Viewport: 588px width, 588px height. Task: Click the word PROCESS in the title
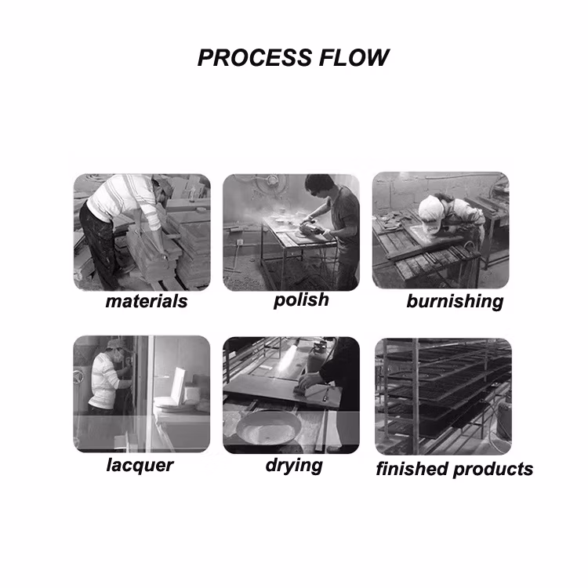tap(255, 58)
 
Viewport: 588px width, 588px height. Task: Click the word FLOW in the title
tap(354, 58)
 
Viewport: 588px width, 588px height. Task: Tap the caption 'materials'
tap(147, 301)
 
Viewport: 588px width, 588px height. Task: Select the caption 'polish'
tap(302, 300)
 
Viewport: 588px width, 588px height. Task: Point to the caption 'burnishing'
tap(455, 302)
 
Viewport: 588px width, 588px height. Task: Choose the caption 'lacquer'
tap(140, 466)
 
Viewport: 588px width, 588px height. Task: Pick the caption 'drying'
tap(294, 466)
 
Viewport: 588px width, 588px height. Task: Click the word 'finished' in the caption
tap(413, 469)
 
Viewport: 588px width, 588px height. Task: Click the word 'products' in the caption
tap(493, 470)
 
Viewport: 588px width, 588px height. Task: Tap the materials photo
tap(142, 232)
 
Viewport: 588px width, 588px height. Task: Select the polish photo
tap(291, 233)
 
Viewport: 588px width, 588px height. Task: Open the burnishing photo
tap(441, 230)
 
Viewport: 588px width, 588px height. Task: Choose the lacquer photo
tap(142, 394)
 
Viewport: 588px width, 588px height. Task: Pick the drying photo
tap(291, 395)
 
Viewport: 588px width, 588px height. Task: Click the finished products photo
tap(443, 397)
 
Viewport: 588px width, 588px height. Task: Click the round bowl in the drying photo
tap(269, 427)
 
